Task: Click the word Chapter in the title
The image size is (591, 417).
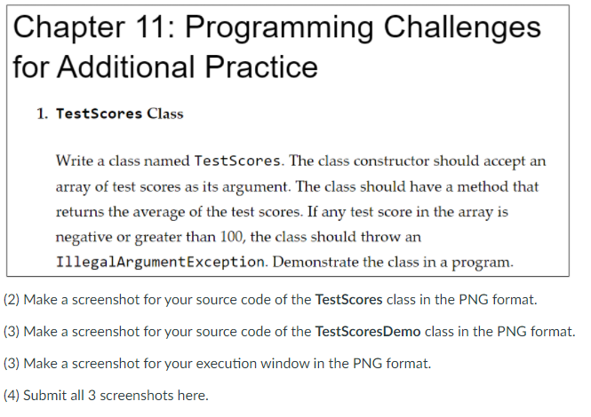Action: pos(69,28)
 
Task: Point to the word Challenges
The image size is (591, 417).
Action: pos(462,28)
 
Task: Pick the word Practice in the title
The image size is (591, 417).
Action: pos(261,67)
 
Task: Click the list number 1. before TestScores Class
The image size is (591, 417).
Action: pos(43,114)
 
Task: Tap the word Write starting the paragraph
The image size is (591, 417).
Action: pos(75,161)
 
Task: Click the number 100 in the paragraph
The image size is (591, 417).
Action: pos(232,237)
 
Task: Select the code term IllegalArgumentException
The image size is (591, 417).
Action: pos(160,262)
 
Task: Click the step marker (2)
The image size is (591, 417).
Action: pos(12,300)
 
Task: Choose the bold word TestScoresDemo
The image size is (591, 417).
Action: pos(368,332)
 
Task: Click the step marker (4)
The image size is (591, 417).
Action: pos(12,396)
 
